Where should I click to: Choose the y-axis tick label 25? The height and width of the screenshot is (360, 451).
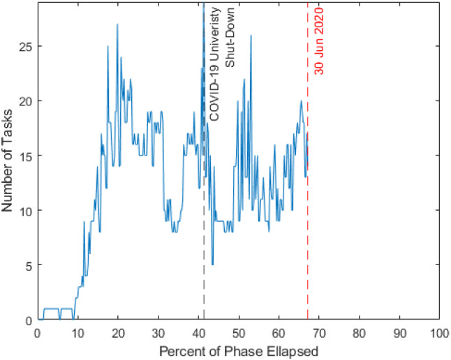[23, 46]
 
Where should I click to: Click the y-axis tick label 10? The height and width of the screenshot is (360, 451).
[23, 210]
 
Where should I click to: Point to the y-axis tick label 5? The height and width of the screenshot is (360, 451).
[26, 265]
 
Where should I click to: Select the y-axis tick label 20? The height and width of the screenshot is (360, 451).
[23, 100]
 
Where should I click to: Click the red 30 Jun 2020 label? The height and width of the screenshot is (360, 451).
[319, 42]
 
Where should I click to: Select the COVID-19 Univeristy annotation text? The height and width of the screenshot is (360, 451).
[215, 66]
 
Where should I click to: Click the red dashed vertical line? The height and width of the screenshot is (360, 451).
[307, 244]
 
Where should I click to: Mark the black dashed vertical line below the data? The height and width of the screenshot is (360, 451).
[203, 279]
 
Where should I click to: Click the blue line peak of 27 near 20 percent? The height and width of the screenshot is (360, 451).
[117, 24]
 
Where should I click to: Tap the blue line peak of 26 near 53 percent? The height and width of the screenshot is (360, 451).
[250, 36]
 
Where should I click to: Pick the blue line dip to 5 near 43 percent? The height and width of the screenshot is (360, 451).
[212, 264]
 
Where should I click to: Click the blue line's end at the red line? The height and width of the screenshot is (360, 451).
[306, 167]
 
